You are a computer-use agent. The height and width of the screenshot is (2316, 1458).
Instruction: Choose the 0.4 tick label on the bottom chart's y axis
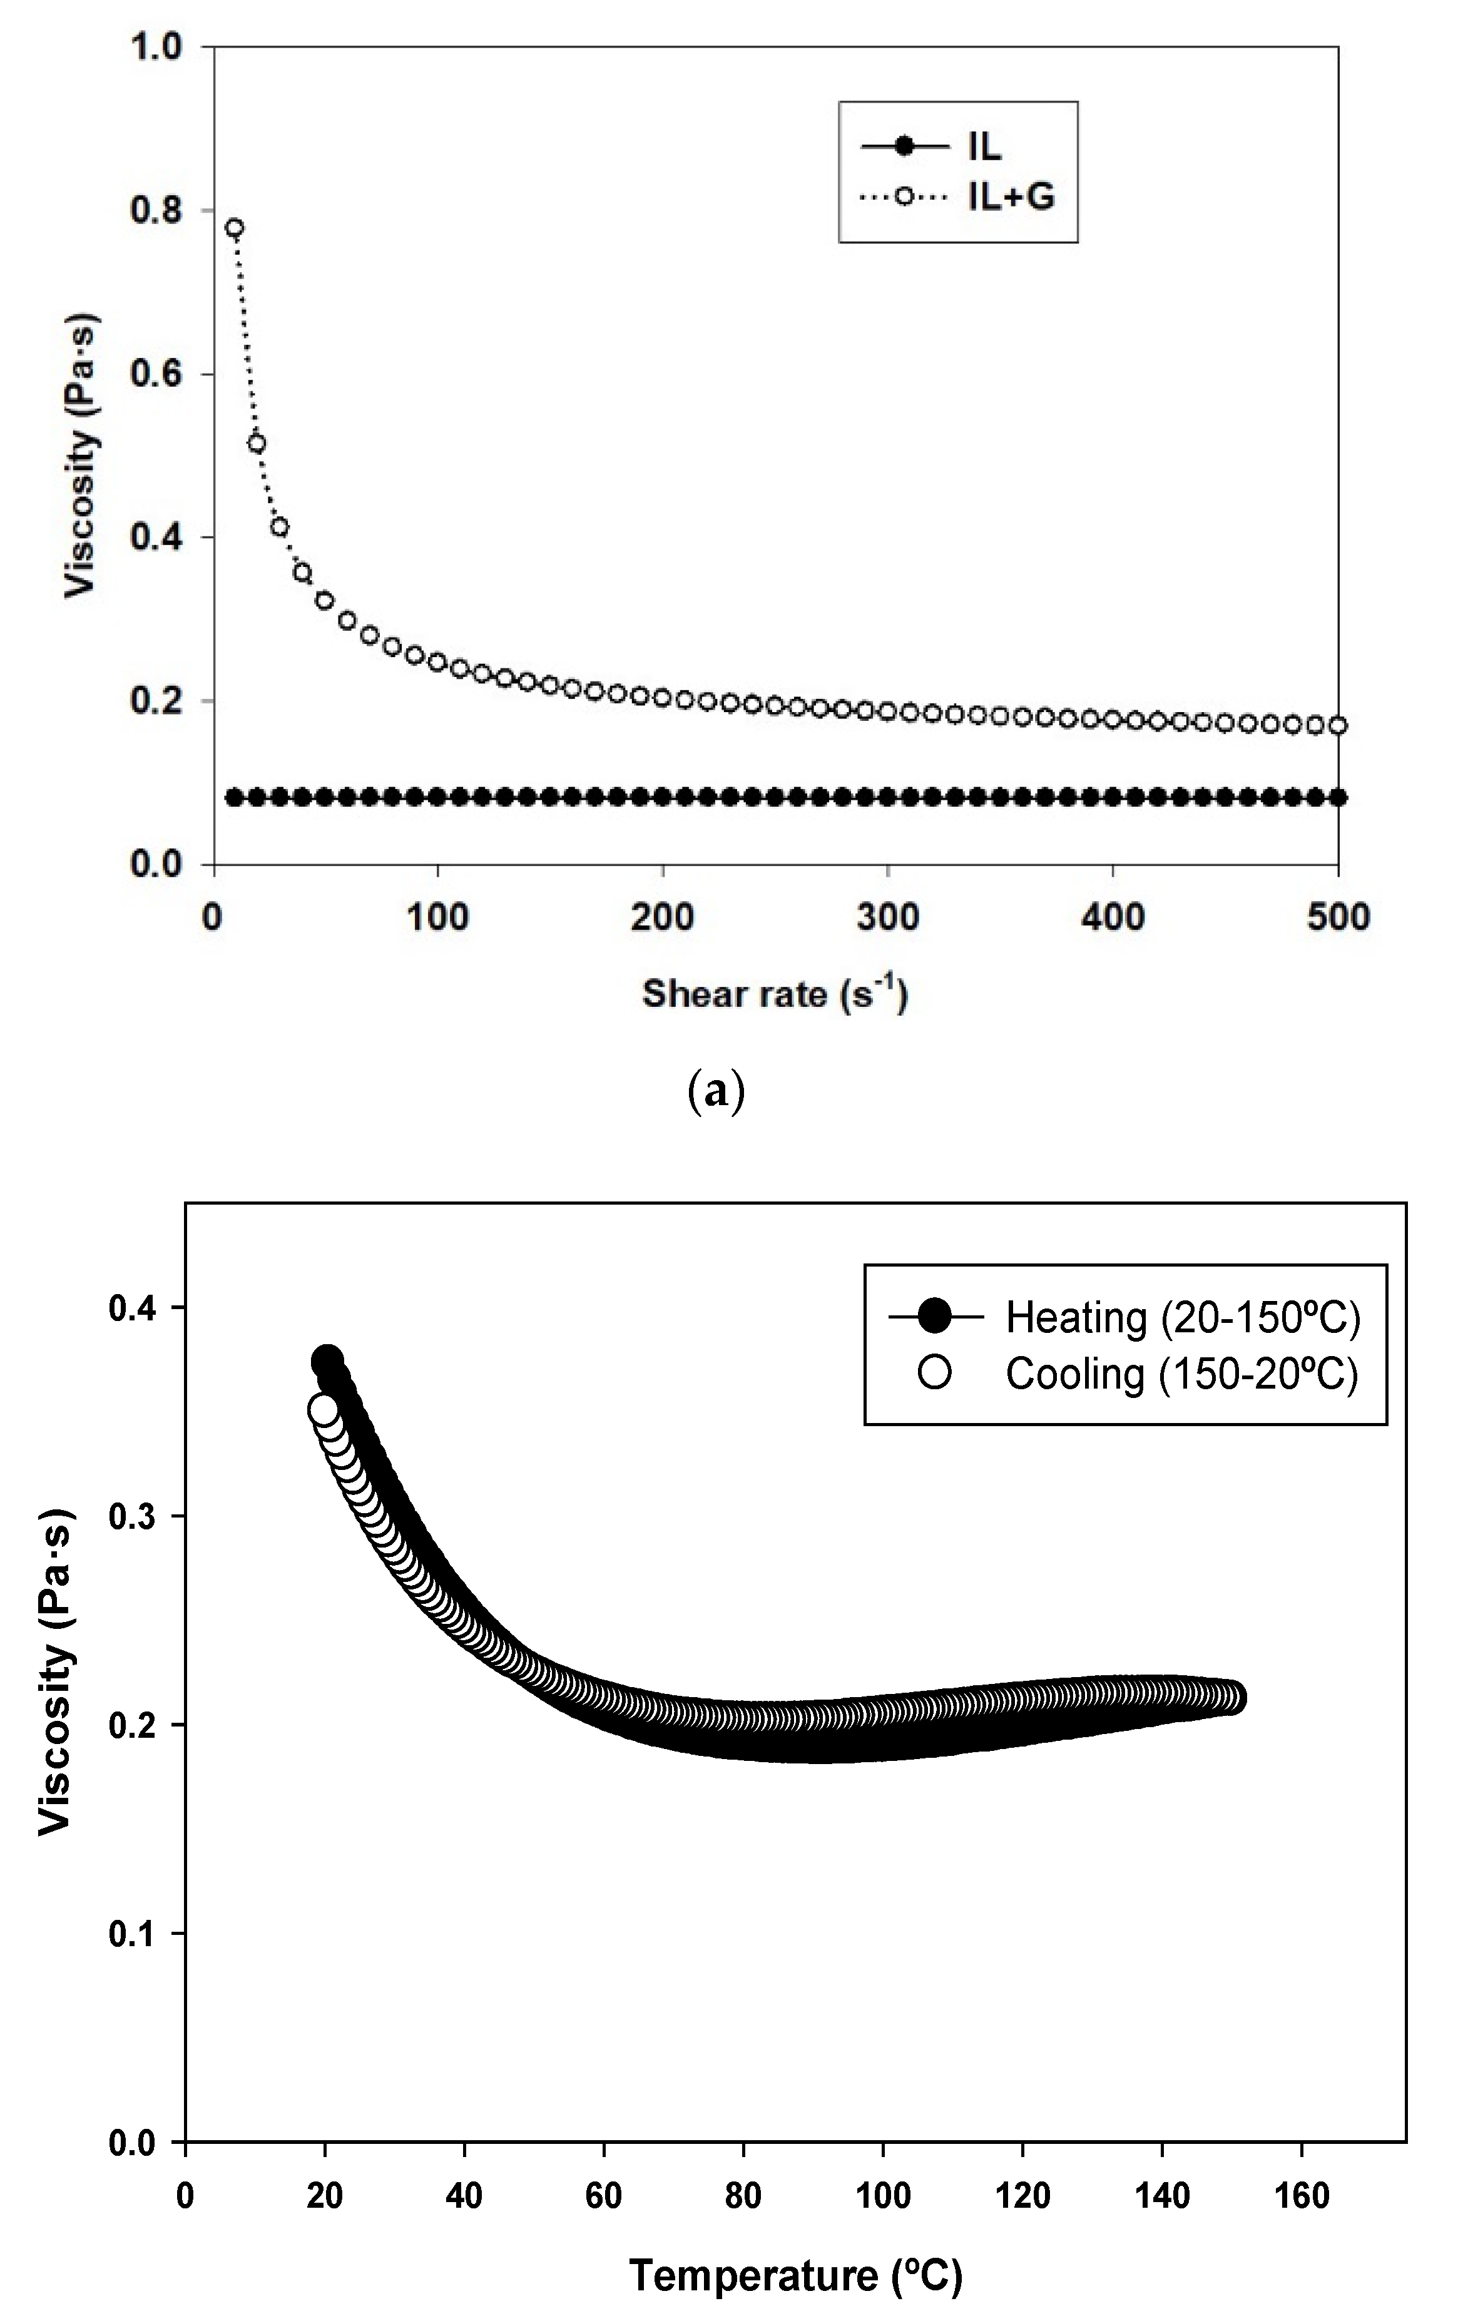point(134,1308)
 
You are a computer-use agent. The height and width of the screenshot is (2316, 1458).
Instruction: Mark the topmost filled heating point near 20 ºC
point(327,1361)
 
